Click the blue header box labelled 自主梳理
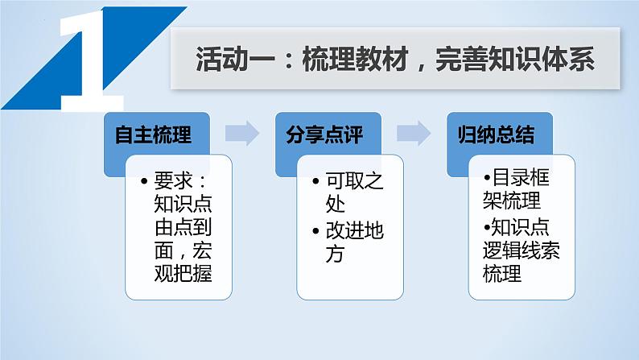coord(154,135)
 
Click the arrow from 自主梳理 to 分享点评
coord(241,134)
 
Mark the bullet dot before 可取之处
coord(316,181)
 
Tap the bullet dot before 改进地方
coord(316,231)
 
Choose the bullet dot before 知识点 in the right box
coord(486,226)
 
